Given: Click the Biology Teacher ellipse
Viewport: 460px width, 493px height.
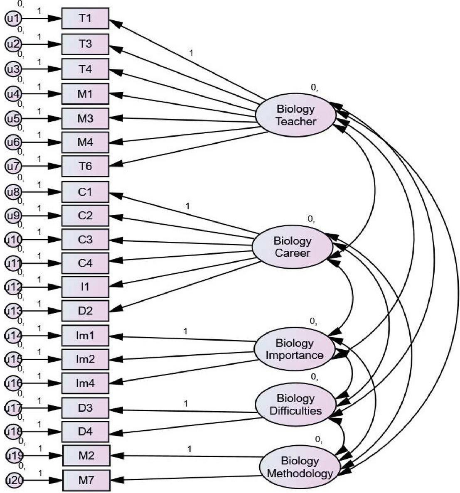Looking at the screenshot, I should pyautogui.click(x=295, y=115).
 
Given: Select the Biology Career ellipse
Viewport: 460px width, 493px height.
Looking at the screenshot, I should pyautogui.click(x=293, y=247).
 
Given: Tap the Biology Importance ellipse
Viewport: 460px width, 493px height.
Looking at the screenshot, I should pyautogui.click(x=294, y=349).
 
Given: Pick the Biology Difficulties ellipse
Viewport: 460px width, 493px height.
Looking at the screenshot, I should pyautogui.click(x=295, y=405).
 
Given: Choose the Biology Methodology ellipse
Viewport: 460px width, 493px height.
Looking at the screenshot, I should pyautogui.click(x=300, y=467).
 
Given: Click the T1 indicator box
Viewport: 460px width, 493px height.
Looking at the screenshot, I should pyautogui.click(x=85, y=18).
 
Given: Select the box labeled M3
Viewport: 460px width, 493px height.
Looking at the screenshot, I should pyautogui.click(x=85, y=118).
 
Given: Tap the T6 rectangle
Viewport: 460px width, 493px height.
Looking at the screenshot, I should pyautogui.click(x=85, y=166).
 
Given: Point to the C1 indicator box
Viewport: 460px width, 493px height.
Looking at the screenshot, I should pyautogui.click(x=85, y=192).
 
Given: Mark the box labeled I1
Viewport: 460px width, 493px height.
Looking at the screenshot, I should pyautogui.click(x=85, y=287).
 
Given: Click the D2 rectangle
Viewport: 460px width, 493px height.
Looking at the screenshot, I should pyautogui.click(x=85, y=311).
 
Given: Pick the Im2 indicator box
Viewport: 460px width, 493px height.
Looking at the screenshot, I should pyautogui.click(x=85, y=359).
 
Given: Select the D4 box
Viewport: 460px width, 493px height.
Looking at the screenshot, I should pyautogui.click(x=85, y=432).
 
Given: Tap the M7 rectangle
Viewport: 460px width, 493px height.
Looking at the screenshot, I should pyautogui.click(x=86, y=481).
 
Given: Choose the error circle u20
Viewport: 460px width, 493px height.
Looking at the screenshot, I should pyautogui.click(x=15, y=481).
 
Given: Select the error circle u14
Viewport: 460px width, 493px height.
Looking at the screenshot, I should pyautogui.click(x=13, y=336).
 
